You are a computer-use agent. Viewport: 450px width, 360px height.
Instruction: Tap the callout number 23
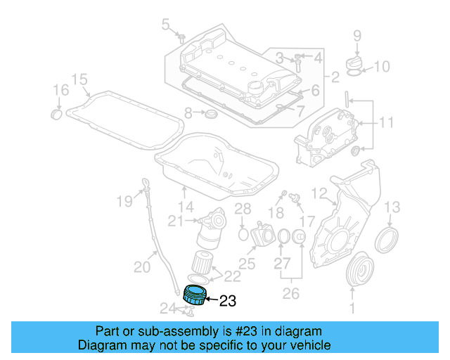click(228, 302)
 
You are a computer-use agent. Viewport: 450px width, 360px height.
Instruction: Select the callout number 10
click(380, 67)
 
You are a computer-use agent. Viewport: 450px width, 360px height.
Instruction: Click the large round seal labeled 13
click(386, 239)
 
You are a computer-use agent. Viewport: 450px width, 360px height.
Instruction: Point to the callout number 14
click(186, 207)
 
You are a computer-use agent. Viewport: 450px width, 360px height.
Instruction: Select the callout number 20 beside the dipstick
click(142, 266)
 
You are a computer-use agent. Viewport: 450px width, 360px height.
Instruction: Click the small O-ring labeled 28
click(243, 232)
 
